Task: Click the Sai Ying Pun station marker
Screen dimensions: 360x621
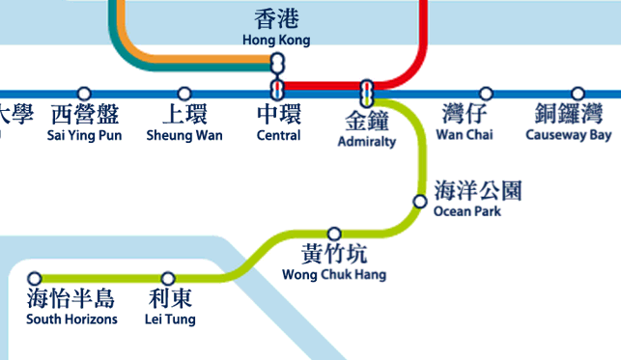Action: [84, 94]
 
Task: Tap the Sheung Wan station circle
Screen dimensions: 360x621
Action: [184, 94]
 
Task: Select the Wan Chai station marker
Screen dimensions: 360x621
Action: [486, 94]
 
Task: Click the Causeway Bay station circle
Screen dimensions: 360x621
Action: [578, 94]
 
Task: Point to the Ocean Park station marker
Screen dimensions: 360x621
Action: [419, 202]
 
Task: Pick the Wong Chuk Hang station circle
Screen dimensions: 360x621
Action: [334, 234]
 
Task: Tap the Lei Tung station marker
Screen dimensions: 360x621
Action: [168, 278]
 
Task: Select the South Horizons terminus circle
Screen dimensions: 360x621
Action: [35, 278]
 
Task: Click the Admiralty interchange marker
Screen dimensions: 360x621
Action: [367, 93]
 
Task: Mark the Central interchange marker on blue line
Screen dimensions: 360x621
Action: [278, 93]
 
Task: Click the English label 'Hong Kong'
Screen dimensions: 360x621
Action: [276, 41]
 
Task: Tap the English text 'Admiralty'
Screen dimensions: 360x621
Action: [367, 142]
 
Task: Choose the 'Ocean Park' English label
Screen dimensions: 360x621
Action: [467, 211]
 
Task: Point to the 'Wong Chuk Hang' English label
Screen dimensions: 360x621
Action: [333, 275]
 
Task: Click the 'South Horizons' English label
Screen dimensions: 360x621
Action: [71, 319]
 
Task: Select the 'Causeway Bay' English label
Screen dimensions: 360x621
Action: [569, 135]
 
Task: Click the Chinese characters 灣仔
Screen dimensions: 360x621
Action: [466, 114]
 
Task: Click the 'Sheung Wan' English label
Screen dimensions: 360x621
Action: [184, 135]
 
